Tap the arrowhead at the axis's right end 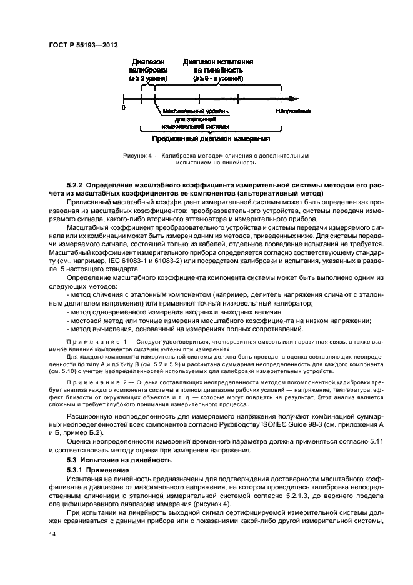click(293, 98)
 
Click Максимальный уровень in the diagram click(191, 111)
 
